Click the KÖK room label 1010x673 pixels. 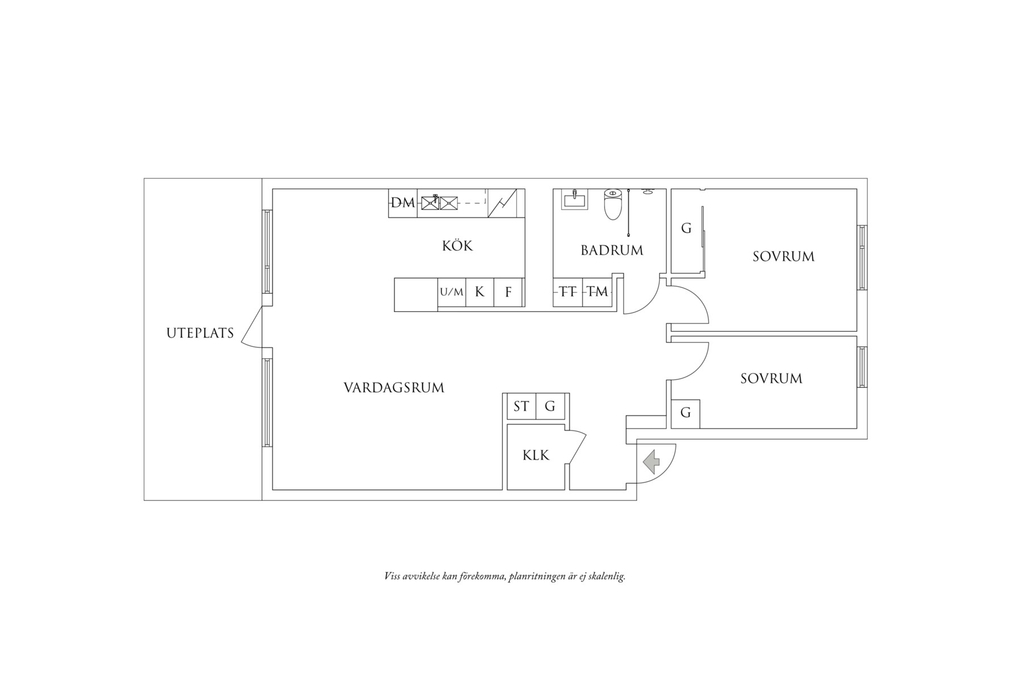tap(457, 246)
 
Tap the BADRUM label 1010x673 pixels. tap(612, 250)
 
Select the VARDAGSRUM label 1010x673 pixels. tap(394, 388)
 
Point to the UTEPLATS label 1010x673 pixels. tap(200, 333)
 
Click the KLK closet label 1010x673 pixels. tap(536, 455)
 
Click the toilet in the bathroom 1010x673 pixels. tap(612, 204)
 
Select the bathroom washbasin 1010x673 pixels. tap(575, 199)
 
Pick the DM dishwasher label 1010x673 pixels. tap(403, 202)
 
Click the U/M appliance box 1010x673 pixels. tap(452, 293)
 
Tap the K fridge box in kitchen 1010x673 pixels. tap(480, 293)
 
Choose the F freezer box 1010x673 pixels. tap(508, 293)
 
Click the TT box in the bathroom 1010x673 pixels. tap(568, 293)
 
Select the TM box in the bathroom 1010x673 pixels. tap(597, 293)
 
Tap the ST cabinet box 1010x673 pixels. tap(521, 407)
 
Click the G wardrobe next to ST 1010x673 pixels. tap(550, 407)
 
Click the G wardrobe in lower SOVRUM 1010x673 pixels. tap(685, 414)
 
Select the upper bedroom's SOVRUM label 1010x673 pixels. tap(784, 256)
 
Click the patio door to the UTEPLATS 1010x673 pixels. tap(252, 327)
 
